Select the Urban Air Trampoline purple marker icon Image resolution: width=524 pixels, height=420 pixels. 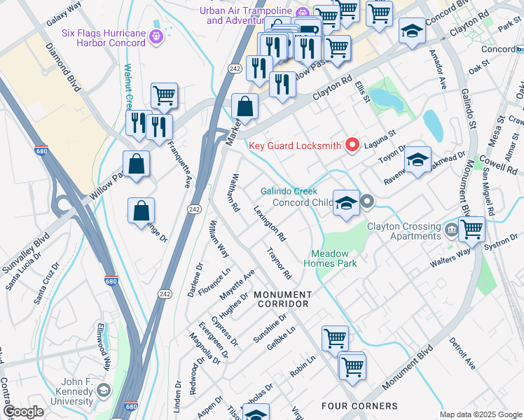point(303,12)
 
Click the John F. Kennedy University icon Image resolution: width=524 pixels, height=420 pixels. point(104,390)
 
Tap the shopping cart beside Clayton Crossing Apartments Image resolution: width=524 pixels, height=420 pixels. point(473,230)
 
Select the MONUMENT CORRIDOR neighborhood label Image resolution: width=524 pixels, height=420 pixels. point(282,299)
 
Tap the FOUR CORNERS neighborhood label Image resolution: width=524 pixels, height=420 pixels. point(359,406)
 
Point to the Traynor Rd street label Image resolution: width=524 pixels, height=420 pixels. point(278,263)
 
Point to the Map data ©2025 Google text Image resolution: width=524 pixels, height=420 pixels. point(480,414)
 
